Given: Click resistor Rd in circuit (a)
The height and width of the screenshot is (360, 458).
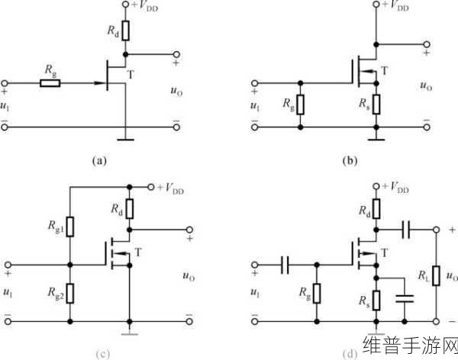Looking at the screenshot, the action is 126,31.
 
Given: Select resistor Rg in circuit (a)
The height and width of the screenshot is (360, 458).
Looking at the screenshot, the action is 50,83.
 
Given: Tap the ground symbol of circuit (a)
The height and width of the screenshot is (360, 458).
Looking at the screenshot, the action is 126,140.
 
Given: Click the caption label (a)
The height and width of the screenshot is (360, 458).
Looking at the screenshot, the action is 99,161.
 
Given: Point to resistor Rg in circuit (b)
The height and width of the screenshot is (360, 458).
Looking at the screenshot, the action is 300,104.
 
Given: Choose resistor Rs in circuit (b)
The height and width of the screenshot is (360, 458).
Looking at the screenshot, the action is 376,104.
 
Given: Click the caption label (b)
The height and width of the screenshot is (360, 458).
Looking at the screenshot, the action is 350,161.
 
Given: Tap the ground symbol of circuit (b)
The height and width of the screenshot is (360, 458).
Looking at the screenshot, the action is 376,140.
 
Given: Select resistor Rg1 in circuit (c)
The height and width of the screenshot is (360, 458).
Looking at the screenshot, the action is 70,227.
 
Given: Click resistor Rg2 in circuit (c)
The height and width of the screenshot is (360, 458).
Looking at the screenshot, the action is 70,293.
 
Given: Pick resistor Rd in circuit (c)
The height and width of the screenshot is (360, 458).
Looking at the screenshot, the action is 130,209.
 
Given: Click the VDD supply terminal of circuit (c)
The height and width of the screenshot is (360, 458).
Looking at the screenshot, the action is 150,187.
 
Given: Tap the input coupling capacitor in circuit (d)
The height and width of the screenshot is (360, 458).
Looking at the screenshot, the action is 285,265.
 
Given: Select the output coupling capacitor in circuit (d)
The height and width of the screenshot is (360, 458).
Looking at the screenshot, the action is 406,230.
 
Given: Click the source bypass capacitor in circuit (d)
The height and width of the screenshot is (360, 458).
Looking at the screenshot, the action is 405,298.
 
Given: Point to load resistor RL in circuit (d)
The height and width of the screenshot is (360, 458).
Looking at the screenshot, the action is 436,275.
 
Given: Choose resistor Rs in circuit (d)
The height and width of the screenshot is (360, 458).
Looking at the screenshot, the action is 376,301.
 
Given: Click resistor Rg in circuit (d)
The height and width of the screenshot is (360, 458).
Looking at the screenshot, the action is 317,293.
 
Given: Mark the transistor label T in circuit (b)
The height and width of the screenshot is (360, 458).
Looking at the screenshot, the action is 385,71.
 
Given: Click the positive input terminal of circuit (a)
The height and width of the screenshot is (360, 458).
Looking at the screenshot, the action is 5,83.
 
